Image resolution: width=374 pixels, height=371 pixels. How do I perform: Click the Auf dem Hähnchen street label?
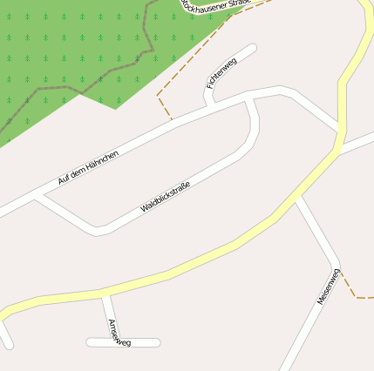point(87,166)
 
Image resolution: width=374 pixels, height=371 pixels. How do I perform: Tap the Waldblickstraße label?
point(165,196)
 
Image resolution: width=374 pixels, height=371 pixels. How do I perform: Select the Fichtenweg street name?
point(221,73)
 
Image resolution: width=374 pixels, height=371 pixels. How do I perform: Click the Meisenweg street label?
point(329,286)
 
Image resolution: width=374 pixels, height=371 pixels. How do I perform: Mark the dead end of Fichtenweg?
point(253,48)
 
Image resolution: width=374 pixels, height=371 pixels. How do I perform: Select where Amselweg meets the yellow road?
point(105,294)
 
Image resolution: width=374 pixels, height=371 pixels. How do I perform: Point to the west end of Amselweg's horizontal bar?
point(89,342)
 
